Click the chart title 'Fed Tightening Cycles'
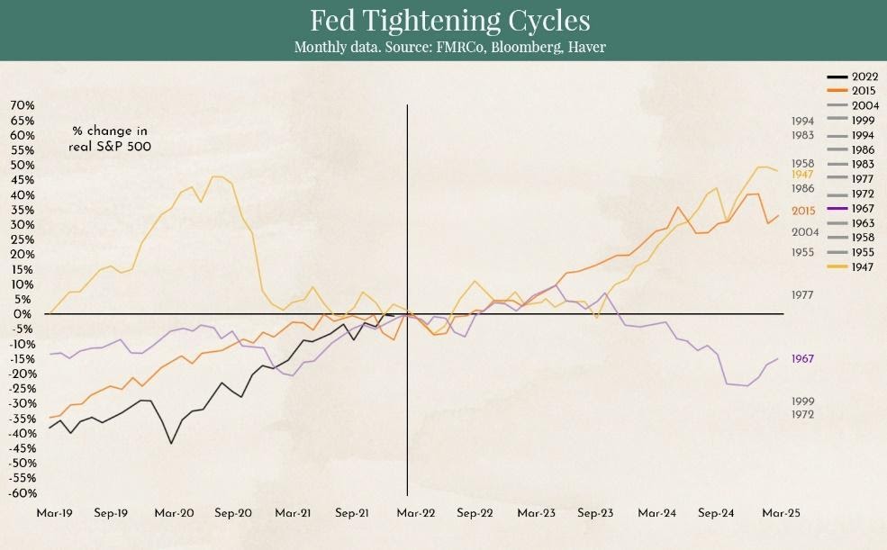pos(449,21)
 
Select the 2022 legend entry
pos(853,77)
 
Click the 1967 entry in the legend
pos(850,209)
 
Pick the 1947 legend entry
pos(850,266)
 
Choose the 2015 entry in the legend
pos(851,90)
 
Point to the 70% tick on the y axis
pos(22,105)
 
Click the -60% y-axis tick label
pos(22,493)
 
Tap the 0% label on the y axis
pos(24,314)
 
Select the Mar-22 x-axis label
pos(416,513)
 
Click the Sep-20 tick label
pos(233,513)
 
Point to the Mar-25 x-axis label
pos(782,513)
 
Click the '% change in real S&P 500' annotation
pos(110,139)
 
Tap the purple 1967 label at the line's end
pos(802,359)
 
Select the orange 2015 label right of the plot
pos(803,211)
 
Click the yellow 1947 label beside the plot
pos(802,175)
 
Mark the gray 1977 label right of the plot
pos(802,295)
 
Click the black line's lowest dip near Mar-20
pos(171,443)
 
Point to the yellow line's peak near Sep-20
pos(213,176)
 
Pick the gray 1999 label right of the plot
pos(802,401)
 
